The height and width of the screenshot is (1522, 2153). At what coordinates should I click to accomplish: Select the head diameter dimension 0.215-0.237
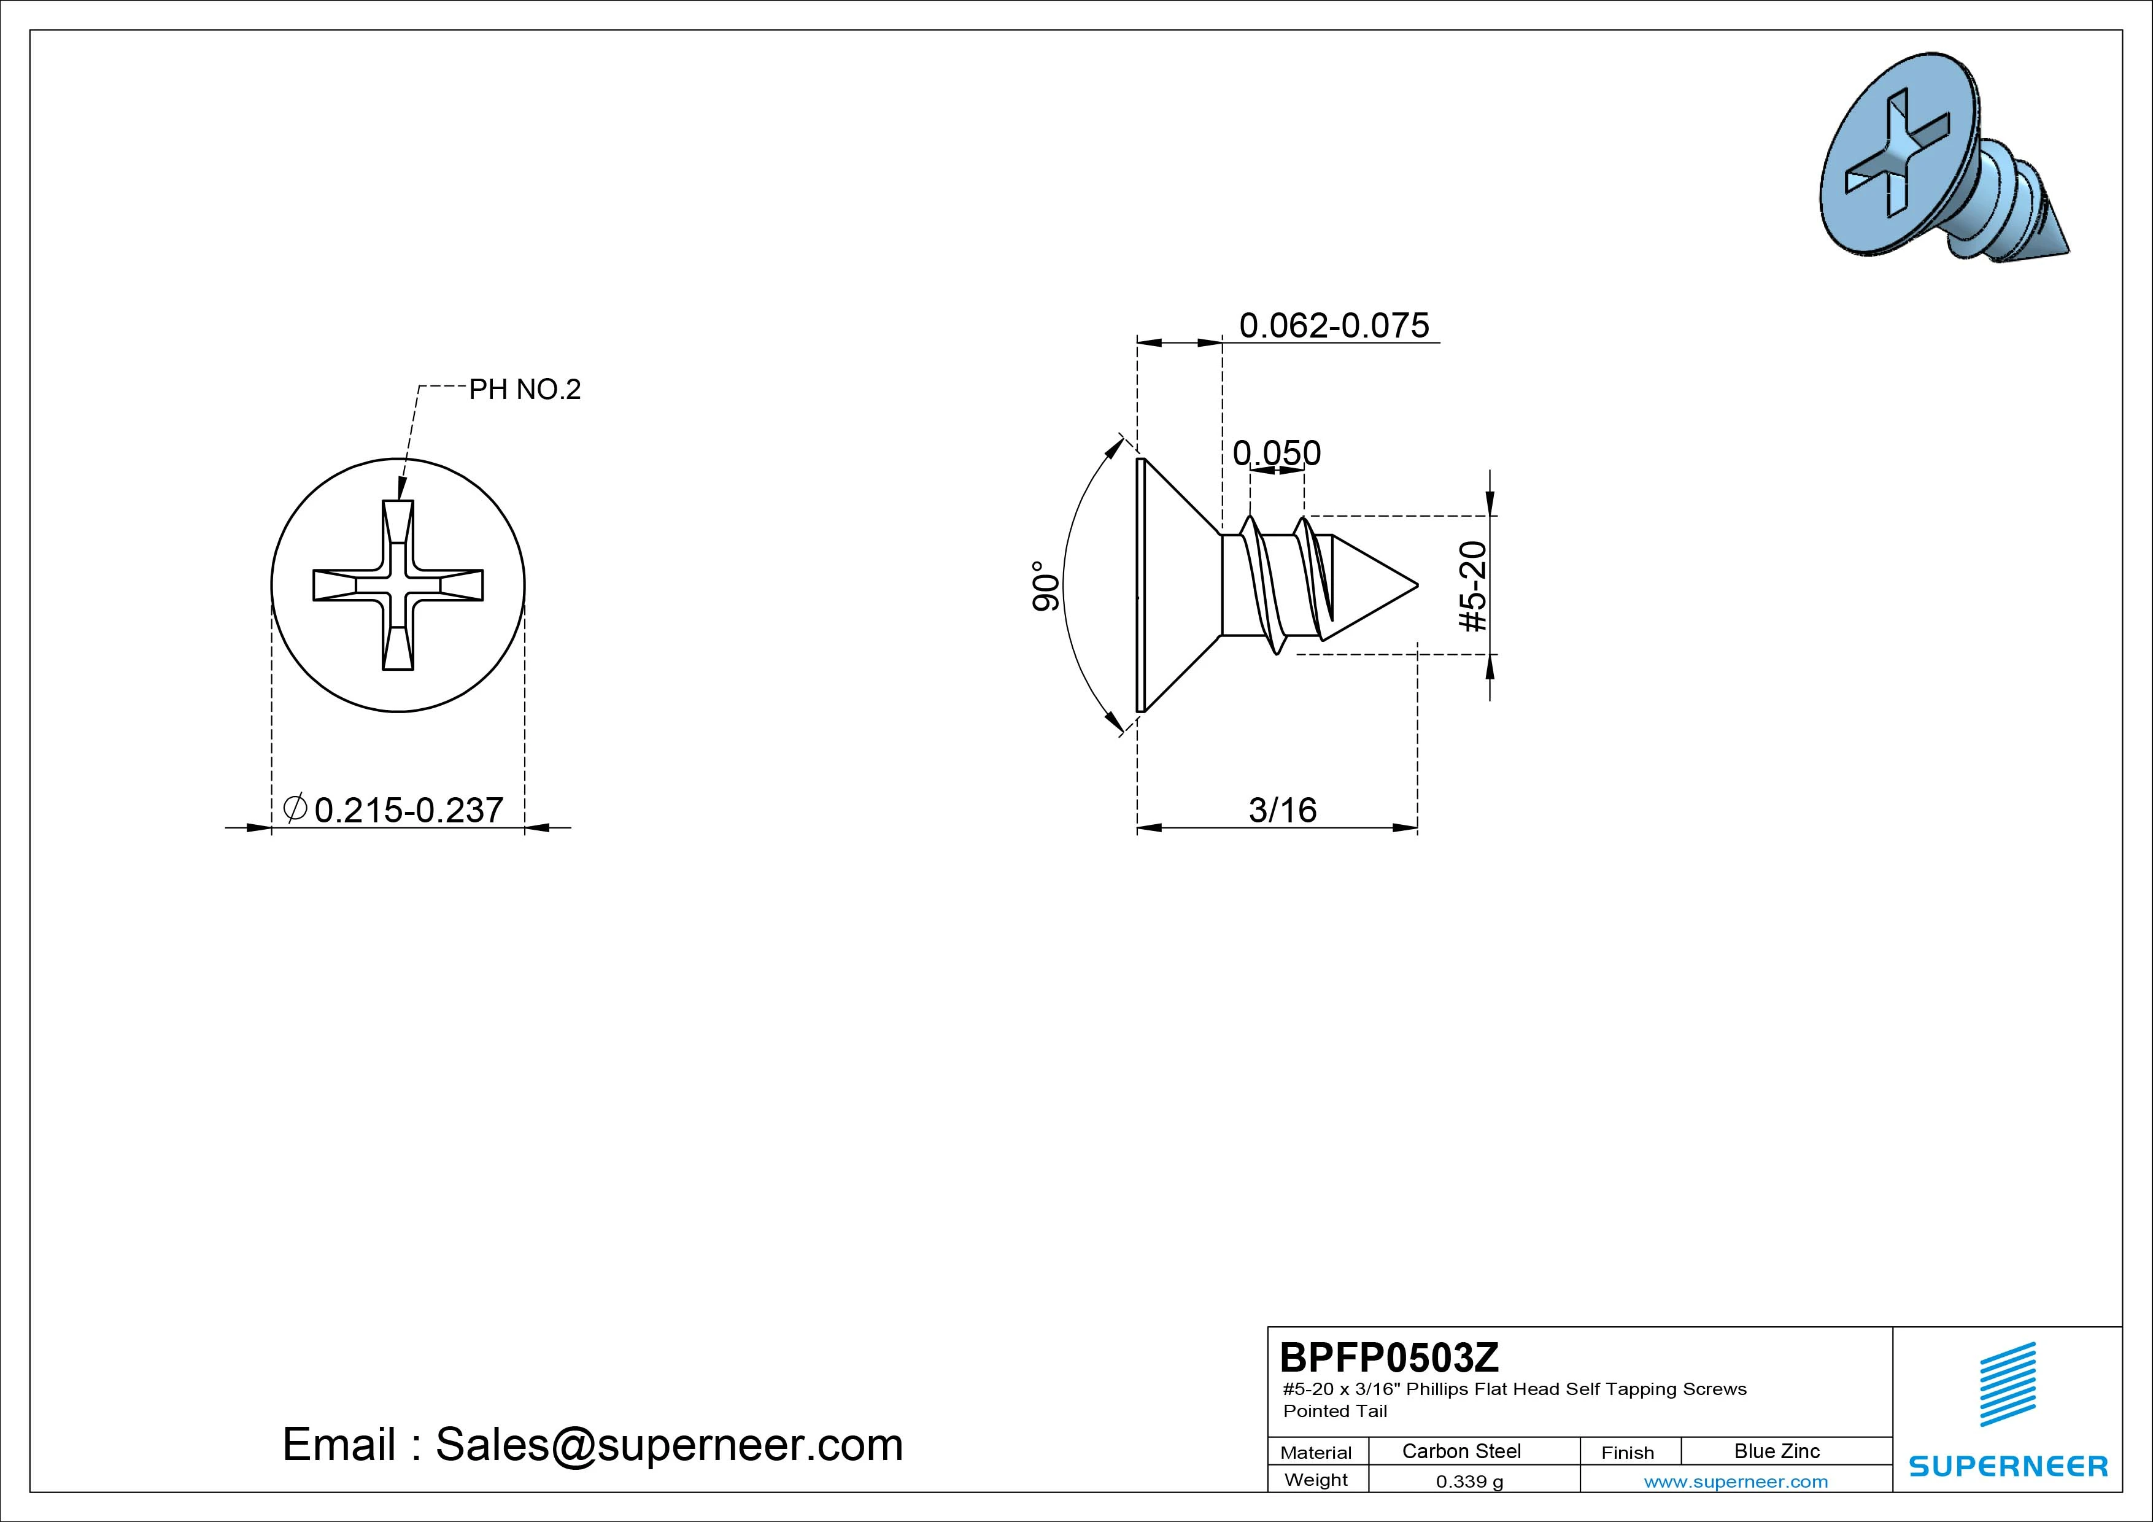click(409, 810)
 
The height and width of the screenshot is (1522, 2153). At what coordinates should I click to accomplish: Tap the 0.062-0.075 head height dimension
click(1334, 325)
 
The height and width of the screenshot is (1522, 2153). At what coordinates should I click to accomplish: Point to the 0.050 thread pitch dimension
click(1276, 453)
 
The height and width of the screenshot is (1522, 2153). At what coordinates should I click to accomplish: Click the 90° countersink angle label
click(1046, 586)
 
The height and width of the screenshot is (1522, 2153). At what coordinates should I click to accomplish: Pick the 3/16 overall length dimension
click(1282, 810)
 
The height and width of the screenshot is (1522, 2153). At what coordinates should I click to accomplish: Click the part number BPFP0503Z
click(1389, 1357)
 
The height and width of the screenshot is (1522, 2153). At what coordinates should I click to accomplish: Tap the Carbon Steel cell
click(1461, 1451)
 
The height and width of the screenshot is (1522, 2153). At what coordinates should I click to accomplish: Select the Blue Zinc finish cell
click(1776, 1451)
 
